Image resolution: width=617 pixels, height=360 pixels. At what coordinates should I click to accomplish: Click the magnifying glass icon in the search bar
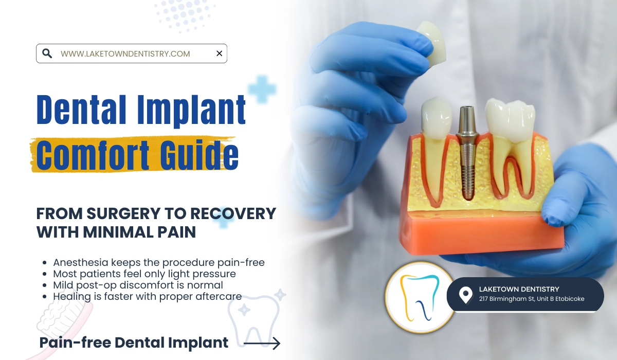(47, 53)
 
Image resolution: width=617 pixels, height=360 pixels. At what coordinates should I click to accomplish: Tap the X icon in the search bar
(219, 53)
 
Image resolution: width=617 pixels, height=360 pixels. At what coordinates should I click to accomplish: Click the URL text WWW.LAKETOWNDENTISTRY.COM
(125, 53)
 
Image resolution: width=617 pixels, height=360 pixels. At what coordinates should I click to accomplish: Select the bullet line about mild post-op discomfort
(138, 285)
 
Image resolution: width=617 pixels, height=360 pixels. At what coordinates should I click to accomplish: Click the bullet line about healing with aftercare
(147, 296)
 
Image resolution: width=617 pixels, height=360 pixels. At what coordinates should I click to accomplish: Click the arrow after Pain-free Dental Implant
(262, 343)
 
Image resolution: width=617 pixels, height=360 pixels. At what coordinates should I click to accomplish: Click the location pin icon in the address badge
(465, 295)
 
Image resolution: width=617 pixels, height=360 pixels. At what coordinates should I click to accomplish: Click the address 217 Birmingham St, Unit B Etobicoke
(531, 299)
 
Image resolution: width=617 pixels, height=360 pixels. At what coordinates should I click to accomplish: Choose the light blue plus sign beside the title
(262, 89)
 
